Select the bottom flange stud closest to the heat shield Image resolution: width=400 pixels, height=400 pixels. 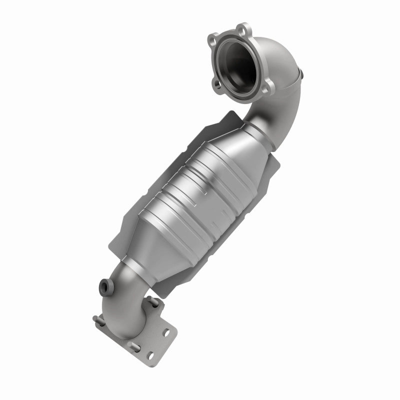pos(151,301)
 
